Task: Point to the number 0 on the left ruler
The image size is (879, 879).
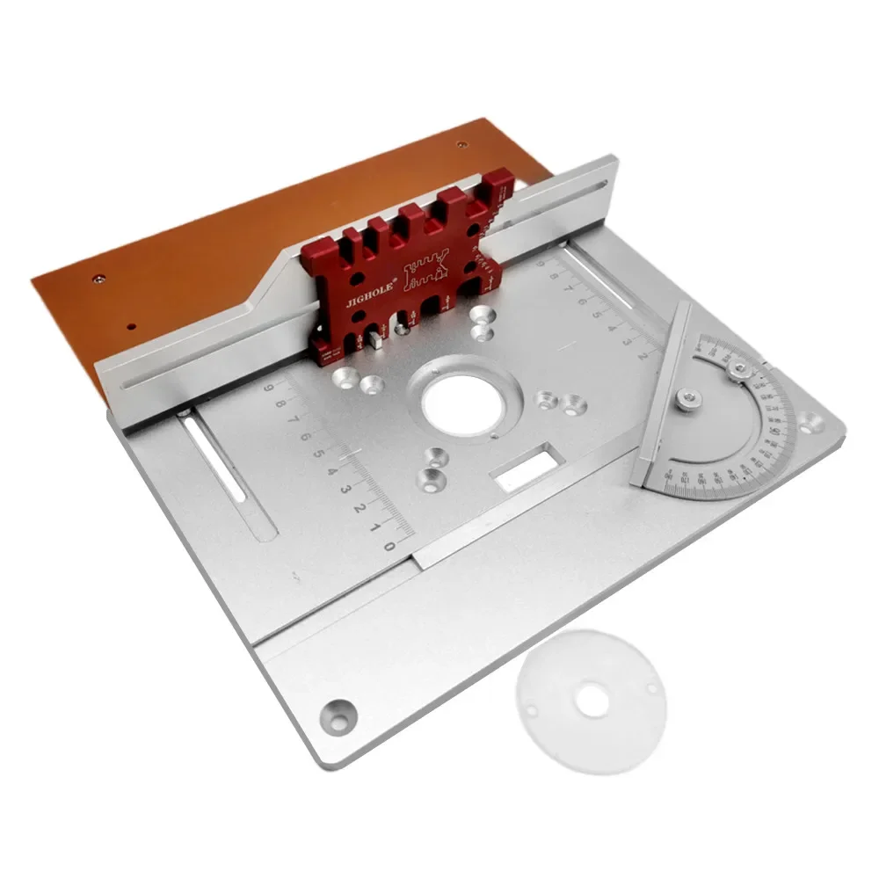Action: tap(386, 546)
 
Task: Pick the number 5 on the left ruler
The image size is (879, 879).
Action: tap(318, 454)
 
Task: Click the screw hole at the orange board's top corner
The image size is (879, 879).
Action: tap(461, 146)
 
